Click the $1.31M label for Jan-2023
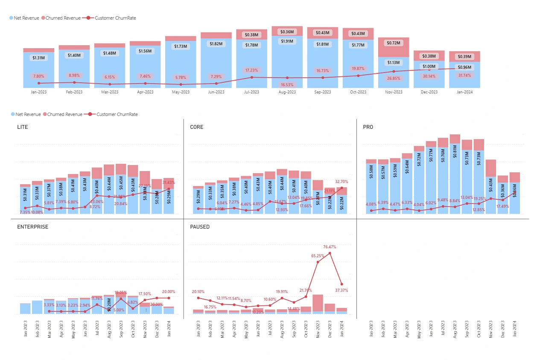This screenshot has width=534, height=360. pos(38,58)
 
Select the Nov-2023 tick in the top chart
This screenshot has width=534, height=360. pos(394,92)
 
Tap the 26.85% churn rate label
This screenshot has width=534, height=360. pos(394,78)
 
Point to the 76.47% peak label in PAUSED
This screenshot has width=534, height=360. pos(330,247)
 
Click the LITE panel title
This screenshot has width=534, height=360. pos(23,127)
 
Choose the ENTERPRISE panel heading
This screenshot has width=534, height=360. pos(32,227)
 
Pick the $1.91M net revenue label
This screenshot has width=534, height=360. pos(287,41)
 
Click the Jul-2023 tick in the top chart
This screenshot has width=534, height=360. pos(251,92)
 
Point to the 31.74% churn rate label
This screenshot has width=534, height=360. pos(464,75)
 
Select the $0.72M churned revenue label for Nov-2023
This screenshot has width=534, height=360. pos(394,43)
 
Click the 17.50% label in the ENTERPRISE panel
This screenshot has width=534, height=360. pos(145,294)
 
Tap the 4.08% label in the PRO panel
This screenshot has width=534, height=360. pos(371,203)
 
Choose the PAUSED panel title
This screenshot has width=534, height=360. pos(200,227)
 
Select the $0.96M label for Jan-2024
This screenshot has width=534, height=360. pos(464,67)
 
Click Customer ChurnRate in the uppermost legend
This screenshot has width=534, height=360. pos(115,18)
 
